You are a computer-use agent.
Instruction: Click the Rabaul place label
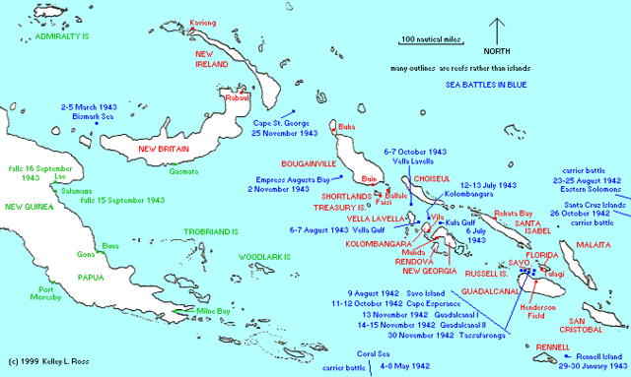pos(239,96)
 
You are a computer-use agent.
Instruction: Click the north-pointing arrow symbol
pos(500,30)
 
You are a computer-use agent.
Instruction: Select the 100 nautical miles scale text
pos(431,39)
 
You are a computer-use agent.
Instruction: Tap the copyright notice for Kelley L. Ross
pos(50,364)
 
